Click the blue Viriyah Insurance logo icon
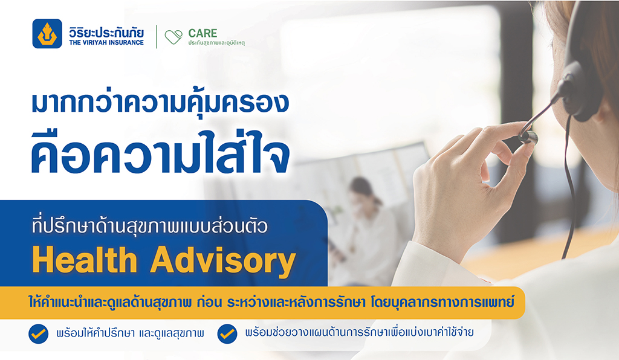[x=47, y=33]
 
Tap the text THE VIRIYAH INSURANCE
[x=106, y=43]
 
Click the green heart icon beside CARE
[x=173, y=37]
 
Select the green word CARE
[x=203, y=33]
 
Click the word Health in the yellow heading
[x=85, y=260]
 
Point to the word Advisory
[x=223, y=262]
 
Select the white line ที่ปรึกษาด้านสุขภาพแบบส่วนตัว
[x=150, y=226]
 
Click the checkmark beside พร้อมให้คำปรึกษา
[x=38, y=334]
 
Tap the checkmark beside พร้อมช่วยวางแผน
[x=227, y=334]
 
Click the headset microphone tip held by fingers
[x=528, y=137]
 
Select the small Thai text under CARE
[x=216, y=43]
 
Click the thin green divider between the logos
[x=157, y=37]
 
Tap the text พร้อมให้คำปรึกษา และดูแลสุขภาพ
[x=131, y=333]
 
